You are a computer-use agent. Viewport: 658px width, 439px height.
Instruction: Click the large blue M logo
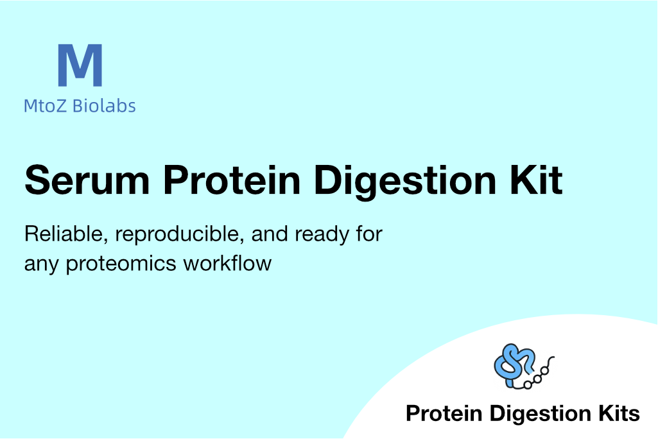pyautogui.click(x=80, y=65)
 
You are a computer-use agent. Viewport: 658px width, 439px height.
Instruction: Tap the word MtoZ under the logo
pyautogui.click(x=45, y=106)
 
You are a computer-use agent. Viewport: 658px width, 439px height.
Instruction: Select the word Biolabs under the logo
pyautogui.click(x=104, y=105)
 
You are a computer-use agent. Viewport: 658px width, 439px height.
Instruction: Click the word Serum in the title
pyautogui.click(x=87, y=180)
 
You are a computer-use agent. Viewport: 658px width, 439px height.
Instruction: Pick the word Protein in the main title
pyautogui.click(x=232, y=180)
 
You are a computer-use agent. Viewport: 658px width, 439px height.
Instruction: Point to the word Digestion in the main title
pyautogui.click(x=405, y=182)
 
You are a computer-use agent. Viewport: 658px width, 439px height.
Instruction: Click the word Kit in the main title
pyautogui.click(x=536, y=180)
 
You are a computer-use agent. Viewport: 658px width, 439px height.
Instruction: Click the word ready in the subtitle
pyautogui.click(x=322, y=235)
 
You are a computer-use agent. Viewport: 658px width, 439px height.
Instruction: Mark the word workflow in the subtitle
pyautogui.click(x=227, y=263)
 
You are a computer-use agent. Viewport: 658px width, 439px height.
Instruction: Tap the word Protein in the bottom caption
pyautogui.click(x=444, y=413)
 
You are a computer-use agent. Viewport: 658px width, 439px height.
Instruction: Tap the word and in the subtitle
pyautogui.click(x=269, y=234)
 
